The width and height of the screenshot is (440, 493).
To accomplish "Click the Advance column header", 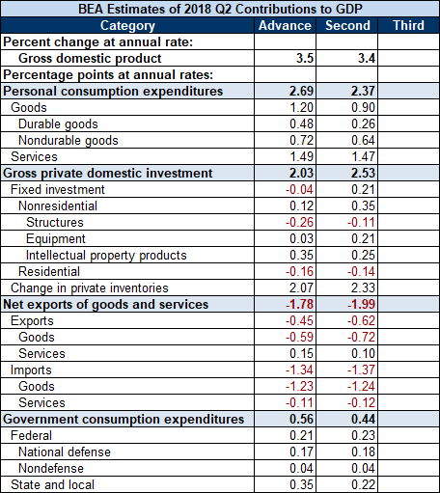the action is [285, 25].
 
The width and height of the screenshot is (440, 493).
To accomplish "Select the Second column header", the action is [347, 25].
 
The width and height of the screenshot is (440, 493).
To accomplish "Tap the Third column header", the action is [409, 25].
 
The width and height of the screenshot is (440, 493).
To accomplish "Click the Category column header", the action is [127, 26].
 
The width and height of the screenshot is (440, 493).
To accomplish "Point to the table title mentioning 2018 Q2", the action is [220, 9].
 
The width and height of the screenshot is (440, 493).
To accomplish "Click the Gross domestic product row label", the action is [90, 58].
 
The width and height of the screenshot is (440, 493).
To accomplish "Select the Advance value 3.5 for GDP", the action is [305, 58].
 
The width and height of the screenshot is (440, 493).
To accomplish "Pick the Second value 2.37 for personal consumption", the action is [363, 91].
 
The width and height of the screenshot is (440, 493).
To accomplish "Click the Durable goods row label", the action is [58, 124].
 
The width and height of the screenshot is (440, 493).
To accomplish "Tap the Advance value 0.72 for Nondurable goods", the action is [301, 140].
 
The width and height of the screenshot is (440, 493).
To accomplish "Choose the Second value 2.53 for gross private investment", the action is [363, 173].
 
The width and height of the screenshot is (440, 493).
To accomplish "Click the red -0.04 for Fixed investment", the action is [299, 189].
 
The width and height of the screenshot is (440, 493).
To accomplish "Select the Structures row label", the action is [55, 222].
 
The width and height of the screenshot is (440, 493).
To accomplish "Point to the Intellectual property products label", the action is [106, 256].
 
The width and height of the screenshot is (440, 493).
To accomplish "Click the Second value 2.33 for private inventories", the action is [363, 288].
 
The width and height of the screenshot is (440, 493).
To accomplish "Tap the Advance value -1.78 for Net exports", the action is [299, 304].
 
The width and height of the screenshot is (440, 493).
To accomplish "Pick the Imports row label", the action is [31, 370].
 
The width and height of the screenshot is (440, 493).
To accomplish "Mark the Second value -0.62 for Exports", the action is [361, 320].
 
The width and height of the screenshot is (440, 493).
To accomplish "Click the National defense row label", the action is [65, 452].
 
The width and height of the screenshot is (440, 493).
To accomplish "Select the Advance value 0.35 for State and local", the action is [301, 484].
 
